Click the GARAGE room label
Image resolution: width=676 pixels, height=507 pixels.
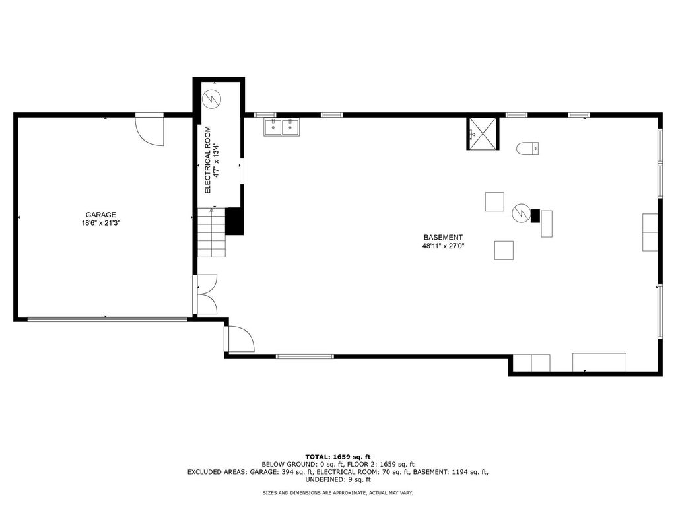point(100,215)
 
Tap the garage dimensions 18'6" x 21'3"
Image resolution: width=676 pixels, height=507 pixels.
point(100,223)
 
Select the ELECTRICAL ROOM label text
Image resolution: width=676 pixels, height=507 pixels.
point(207,160)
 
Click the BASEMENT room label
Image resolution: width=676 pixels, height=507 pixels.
point(443,237)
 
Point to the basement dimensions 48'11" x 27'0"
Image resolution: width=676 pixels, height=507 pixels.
point(443,246)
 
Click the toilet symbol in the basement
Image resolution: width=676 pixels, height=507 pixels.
point(527,149)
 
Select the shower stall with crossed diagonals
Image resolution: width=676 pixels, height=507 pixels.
point(483,133)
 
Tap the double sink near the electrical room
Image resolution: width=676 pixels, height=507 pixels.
point(282,127)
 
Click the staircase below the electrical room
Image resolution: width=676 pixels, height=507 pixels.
point(212,232)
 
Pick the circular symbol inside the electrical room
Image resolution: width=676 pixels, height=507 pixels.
point(212,99)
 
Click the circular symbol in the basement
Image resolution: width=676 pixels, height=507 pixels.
point(521,213)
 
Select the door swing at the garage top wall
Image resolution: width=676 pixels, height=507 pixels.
point(150,129)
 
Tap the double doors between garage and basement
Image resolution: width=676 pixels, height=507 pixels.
point(207,294)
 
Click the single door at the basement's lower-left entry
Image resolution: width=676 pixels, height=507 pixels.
point(239,339)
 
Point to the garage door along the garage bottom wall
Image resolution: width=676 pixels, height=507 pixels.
point(108,320)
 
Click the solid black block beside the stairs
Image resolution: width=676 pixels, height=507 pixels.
point(234,221)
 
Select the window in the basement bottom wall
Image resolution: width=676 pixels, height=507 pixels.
point(305,356)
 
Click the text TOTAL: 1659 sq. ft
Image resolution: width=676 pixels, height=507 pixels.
point(338,457)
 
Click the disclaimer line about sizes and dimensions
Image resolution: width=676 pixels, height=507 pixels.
point(338,492)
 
